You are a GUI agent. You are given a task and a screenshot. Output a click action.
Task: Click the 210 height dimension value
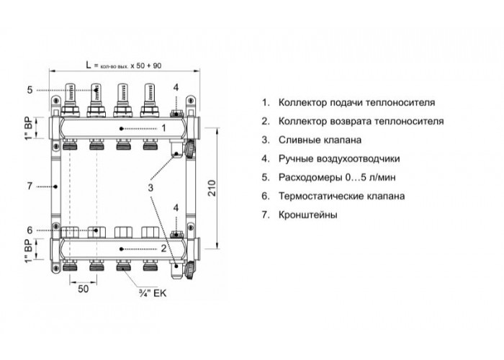pyautogui.click(x=212, y=188)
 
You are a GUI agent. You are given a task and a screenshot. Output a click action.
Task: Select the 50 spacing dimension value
pyautogui.click(x=83, y=289)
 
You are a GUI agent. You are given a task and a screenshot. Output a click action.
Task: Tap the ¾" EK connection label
pyautogui.click(x=153, y=293)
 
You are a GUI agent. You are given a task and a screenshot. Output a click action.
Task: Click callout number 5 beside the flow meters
pyautogui.click(x=30, y=90)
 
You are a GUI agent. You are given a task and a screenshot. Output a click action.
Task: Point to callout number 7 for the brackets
pyautogui.click(x=30, y=186)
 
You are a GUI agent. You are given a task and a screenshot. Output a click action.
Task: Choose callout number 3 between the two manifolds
pyautogui.click(x=150, y=188)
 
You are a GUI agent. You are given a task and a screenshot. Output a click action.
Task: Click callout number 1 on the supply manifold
pyautogui.click(x=163, y=128)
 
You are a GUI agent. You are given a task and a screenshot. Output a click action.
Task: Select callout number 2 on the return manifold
pyautogui.click(x=163, y=248)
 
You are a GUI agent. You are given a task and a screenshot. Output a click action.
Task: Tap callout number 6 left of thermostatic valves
pyautogui.click(x=30, y=230)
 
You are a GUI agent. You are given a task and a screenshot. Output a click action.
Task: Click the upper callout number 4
pyautogui.click(x=176, y=87)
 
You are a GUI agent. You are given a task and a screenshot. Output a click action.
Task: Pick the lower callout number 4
pyautogui.click(x=176, y=208)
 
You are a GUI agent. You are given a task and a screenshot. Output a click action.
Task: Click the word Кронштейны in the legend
pyautogui.click(x=308, y=215)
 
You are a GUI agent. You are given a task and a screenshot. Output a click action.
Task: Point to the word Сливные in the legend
pyautogui.click(x=299, y=140)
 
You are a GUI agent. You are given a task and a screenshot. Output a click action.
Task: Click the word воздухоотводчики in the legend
pyautogui.click(x=359, y=159)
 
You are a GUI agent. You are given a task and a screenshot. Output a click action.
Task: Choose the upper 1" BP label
pyautogui.click(x=29, y=128)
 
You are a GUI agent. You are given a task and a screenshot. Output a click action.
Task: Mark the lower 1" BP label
pyautogui.click(x=29, y=251)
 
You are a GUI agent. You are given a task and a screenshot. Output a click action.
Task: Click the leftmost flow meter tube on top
pyautogui.click(x=70, y=94)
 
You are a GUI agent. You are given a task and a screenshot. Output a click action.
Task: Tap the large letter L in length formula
pyautogui.click(x=89, y=65)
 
